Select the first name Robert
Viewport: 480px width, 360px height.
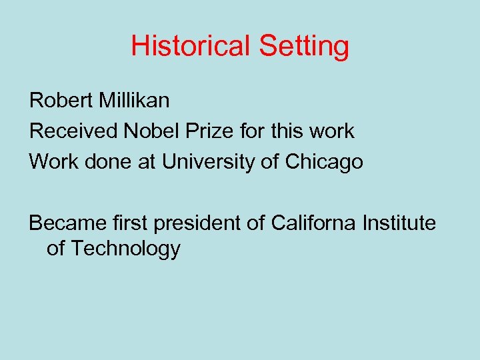62,101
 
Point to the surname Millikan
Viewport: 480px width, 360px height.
135,101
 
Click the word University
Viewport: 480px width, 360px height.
210,162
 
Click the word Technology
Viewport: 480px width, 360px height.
125,249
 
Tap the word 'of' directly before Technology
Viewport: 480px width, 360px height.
55,249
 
